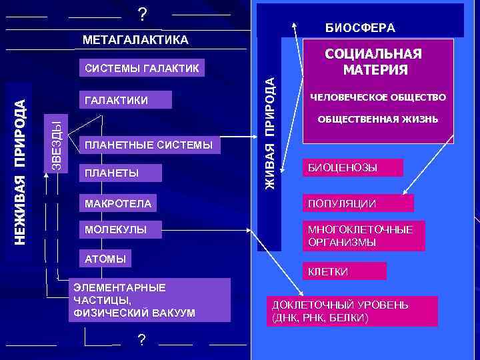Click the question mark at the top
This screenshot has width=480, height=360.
[141, 14]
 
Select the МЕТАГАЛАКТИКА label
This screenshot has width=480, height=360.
[135, 40]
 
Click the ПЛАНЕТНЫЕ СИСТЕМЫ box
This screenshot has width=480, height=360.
[148, 145]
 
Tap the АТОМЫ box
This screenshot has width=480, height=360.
[104, 258]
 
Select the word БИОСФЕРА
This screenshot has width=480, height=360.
[360, 27]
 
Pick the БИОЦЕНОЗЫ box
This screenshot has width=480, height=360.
[353, 167]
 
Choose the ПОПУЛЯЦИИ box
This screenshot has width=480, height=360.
[358, 203]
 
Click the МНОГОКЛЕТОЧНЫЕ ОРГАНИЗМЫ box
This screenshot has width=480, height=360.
[363, 236]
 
